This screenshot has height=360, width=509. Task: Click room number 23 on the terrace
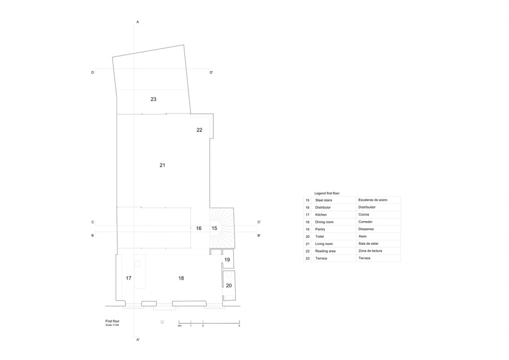pos(153,99)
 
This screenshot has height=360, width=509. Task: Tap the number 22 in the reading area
pos(199,130)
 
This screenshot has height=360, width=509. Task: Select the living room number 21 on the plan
pos(162,165)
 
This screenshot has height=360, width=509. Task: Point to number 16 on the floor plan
pos(199,228)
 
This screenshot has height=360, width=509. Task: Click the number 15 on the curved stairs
pos(214,228)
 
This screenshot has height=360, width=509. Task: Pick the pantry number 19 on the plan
pos(227,260)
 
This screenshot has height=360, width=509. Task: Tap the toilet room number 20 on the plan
pos(229,286)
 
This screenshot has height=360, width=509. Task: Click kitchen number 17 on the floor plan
pos(128,278)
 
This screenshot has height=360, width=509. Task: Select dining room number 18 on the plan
pos(181,278)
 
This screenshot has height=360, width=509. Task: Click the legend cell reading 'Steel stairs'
pos(324,200)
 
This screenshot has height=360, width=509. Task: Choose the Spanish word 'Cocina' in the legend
pos(364,215)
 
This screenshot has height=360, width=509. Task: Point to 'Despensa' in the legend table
pos(366,229)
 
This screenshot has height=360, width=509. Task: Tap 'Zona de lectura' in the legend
pos(370,251)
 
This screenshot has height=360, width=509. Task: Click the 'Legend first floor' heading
pos(327,193)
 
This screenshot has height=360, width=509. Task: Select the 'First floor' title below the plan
pos(112,321)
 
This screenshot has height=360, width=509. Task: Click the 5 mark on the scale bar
pos(239,325)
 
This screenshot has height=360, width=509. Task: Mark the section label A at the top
pos(138,22)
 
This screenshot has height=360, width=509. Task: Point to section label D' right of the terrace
pos(212,73)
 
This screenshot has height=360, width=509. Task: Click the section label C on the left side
pos(93,222)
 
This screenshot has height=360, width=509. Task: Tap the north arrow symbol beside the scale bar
pos(162,322)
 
